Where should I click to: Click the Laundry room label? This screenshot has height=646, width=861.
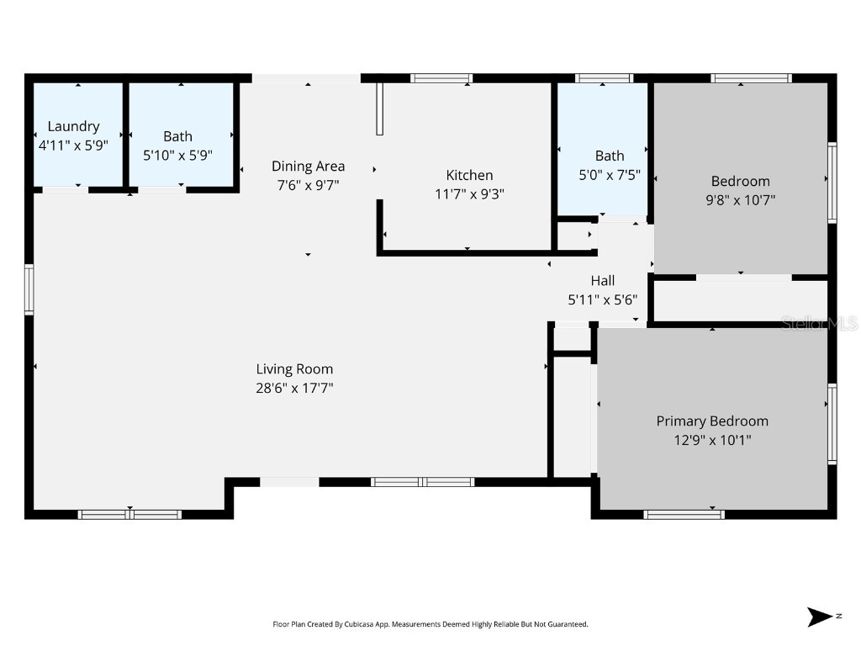(73, 126)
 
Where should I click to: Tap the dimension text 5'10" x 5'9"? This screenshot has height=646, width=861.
(177, 156)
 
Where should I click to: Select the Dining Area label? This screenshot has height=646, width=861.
(308, 166)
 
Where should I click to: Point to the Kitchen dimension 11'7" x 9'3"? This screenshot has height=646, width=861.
(469, 193)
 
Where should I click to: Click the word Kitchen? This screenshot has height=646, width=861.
(469, 175)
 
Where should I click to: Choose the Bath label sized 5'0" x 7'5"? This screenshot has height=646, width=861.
(610, 156)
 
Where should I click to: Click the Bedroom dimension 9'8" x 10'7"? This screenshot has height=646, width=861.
(740, 200)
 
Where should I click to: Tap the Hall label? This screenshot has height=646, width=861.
(602, 281)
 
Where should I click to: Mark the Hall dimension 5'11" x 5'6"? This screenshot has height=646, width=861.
(602, 299)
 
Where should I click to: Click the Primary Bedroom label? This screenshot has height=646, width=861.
(712, 421)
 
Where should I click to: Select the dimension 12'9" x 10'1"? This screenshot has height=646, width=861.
(712, 440)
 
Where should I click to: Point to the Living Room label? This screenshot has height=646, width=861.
(294, 368)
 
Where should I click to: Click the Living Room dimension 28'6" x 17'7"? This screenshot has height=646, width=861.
(294, 388)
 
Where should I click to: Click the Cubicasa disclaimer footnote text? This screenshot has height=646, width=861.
(430, 624)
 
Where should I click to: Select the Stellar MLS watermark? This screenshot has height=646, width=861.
(819, 323)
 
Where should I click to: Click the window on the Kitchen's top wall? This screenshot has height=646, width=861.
(441, 78)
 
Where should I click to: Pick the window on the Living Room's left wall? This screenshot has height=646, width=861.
(29, 289)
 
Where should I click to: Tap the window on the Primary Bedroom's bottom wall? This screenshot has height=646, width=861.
(684, 514)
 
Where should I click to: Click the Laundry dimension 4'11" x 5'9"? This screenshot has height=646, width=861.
(73, 145)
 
